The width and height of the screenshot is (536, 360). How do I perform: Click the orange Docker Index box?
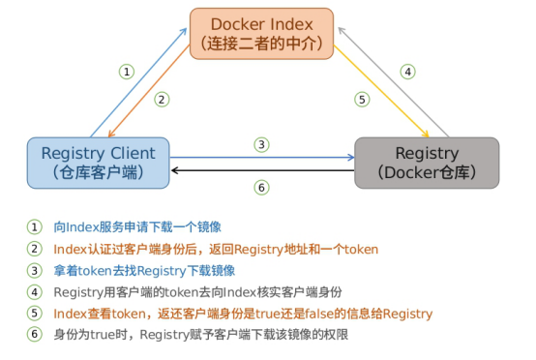[261, 33]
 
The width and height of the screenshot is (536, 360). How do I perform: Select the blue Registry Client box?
[98, 162]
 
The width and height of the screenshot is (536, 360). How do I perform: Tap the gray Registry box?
[427, 162]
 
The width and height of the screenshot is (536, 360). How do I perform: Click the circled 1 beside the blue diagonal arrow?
[126, 71]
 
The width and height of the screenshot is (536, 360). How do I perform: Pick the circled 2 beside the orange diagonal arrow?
[163, 98]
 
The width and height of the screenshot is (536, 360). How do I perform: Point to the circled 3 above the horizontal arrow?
[261, 144]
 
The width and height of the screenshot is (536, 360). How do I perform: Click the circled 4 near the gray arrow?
[408, 71]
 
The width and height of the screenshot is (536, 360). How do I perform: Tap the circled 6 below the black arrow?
[261, 187]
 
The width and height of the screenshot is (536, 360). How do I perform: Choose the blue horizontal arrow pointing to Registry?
[261, 156]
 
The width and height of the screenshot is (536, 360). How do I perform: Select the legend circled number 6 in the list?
[35, 335]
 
